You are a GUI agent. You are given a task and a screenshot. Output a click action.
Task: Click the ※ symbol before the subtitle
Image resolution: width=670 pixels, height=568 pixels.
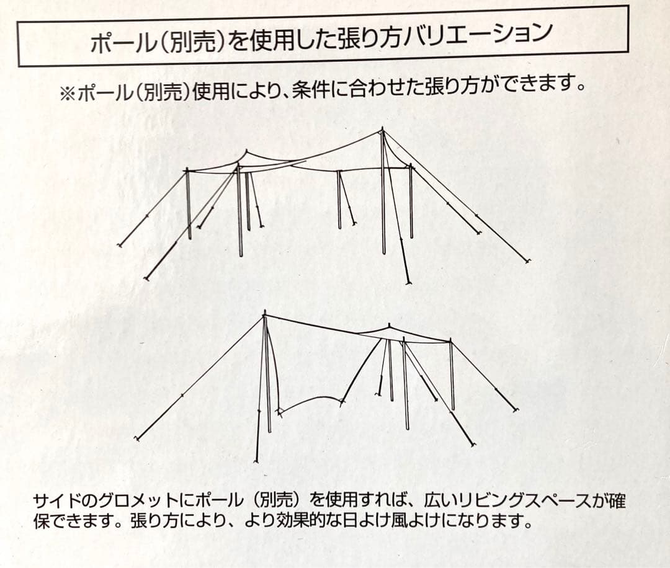tap(66, 94)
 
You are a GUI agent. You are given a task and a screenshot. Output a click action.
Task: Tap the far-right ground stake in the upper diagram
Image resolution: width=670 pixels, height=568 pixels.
tap(528, 262)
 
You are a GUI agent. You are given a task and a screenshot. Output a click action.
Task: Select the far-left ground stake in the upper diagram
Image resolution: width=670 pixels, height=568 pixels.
tap(120, 246)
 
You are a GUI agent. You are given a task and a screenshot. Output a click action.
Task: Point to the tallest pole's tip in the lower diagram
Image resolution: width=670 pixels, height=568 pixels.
tap(265, 314)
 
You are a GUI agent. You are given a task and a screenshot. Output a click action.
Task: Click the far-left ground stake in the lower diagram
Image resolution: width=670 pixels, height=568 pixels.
tap(136, 440)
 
